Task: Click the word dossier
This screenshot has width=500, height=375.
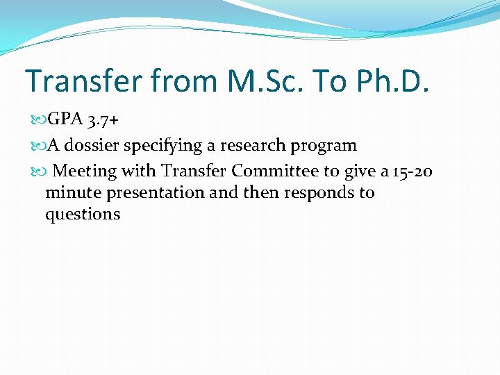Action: pos(91,146)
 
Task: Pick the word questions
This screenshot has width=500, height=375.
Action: pos(83,215)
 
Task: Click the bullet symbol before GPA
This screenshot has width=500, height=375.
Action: pos(39,120)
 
